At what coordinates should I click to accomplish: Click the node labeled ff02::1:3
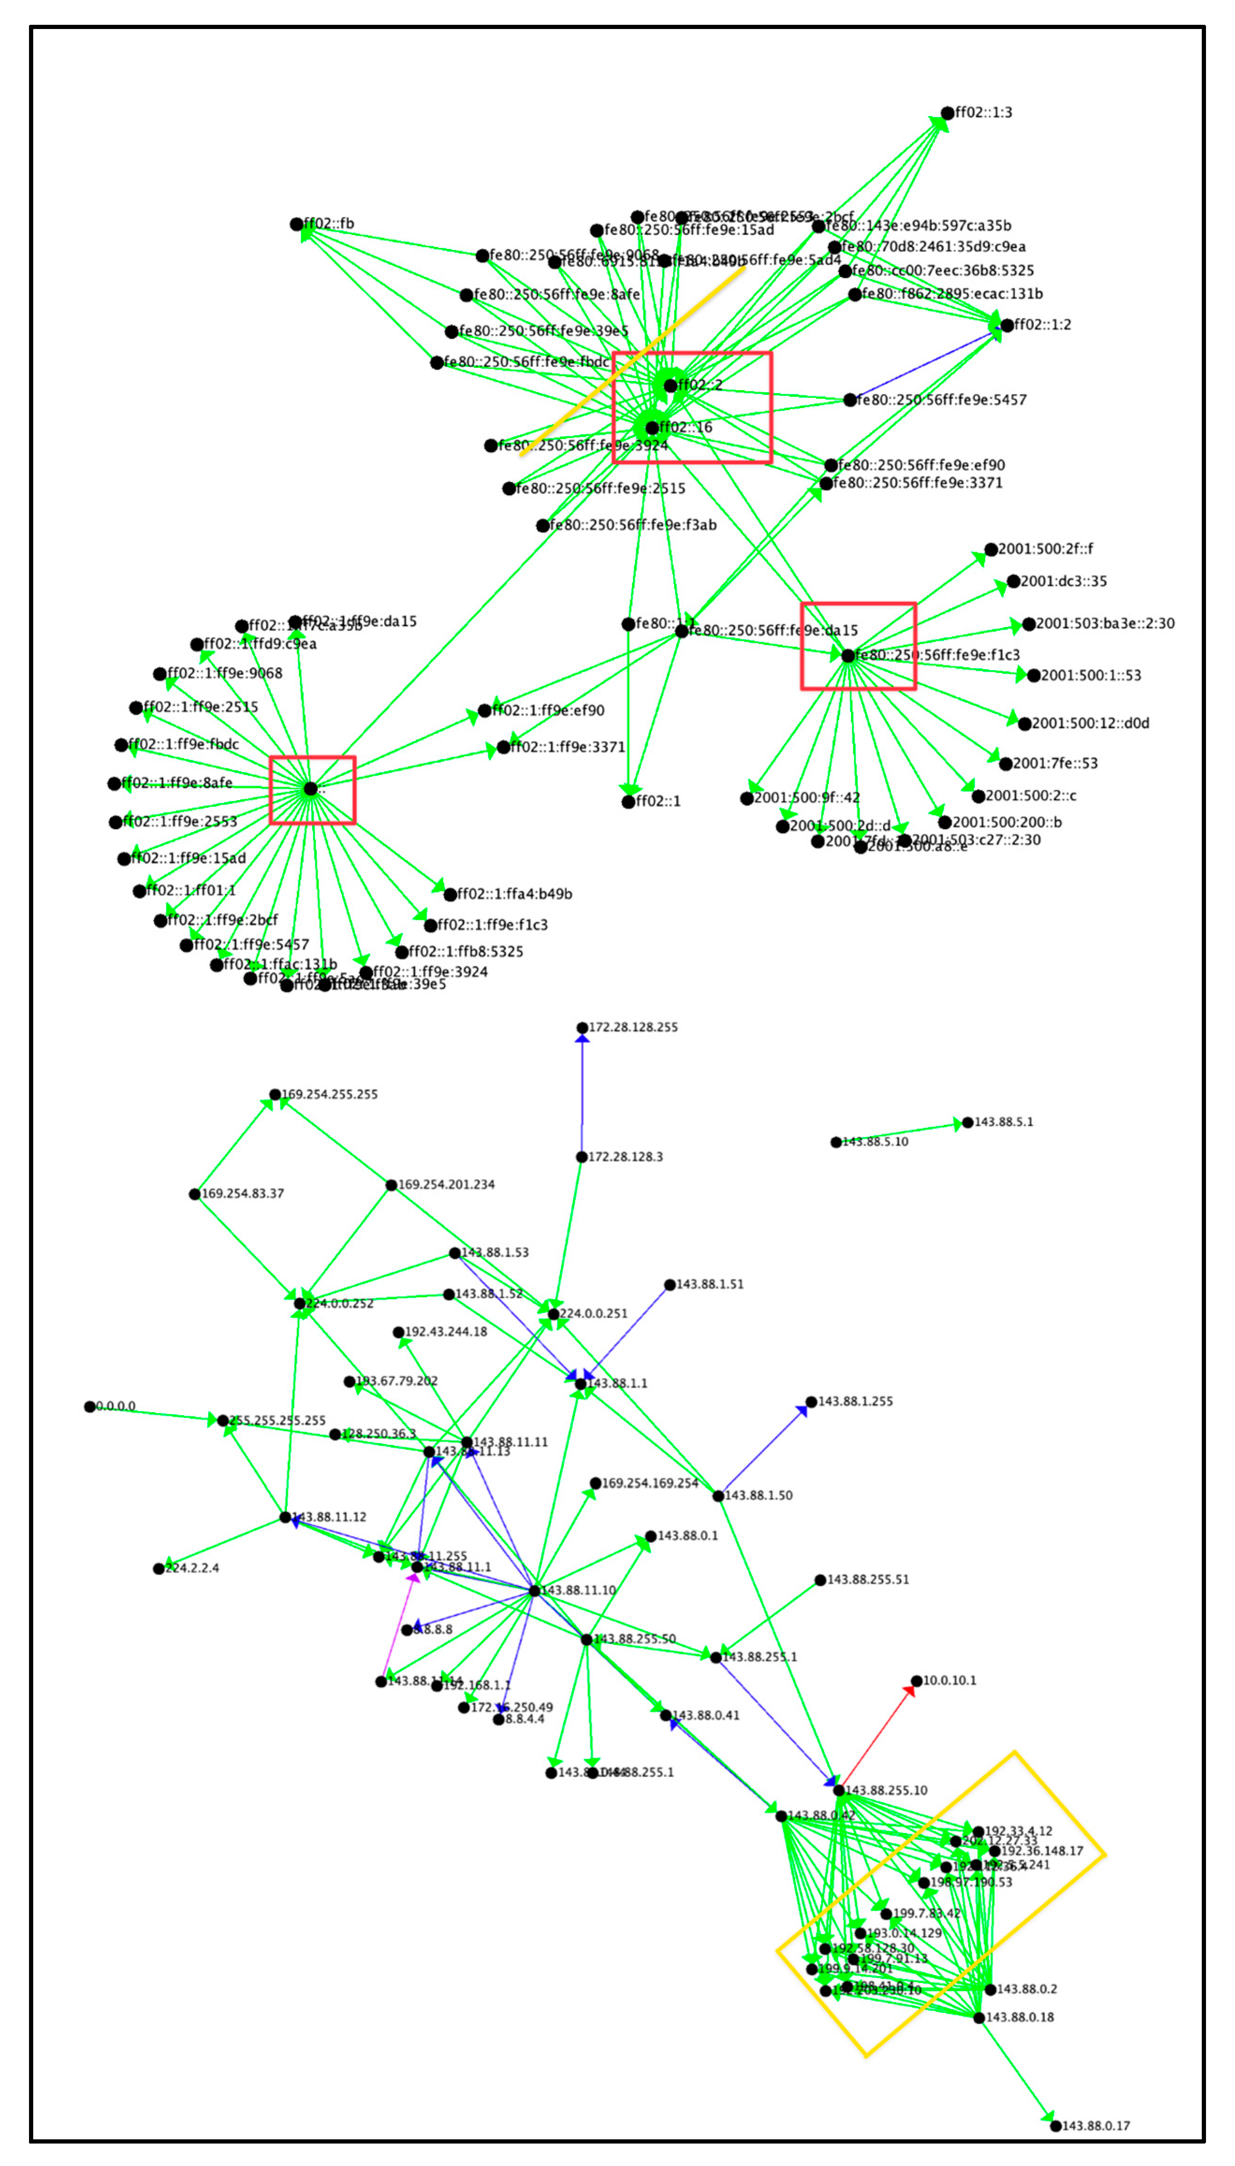coord(947,113)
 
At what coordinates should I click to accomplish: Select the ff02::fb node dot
coord(296,224)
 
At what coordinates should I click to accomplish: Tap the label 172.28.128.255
coord(633,1027)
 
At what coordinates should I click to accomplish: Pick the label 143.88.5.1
coord(1003,1122)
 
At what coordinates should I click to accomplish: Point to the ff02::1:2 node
coord(1007,325)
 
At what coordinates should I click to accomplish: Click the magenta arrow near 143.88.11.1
coord(399,1625)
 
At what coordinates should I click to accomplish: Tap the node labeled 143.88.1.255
coord(811,1401)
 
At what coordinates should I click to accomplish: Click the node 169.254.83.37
coord(194,1194)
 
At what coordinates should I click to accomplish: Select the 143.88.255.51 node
coord(820,1580)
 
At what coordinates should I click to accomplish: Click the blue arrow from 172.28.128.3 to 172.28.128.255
coord(582,1094)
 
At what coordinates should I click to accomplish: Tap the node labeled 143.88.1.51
coord(669,1284)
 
